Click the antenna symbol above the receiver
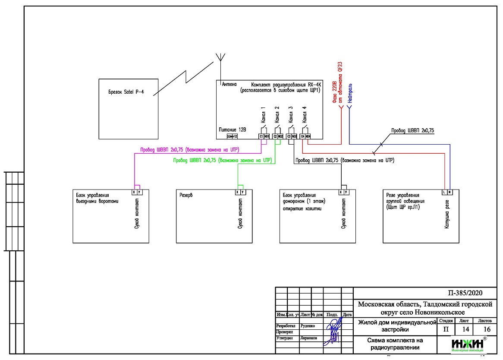pos(220,58)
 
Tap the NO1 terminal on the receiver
pos(267,136)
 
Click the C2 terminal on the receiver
pos(275,136)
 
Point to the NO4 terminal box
pos(308,136)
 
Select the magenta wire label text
pos(190,149)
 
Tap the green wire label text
pos(222,160)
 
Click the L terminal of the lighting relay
pos(444,192)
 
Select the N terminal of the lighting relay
pos(449,192)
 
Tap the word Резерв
pos(186,195)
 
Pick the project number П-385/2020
pos(467,293)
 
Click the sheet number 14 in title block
pos(465,329)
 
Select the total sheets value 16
pos(487,329)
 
